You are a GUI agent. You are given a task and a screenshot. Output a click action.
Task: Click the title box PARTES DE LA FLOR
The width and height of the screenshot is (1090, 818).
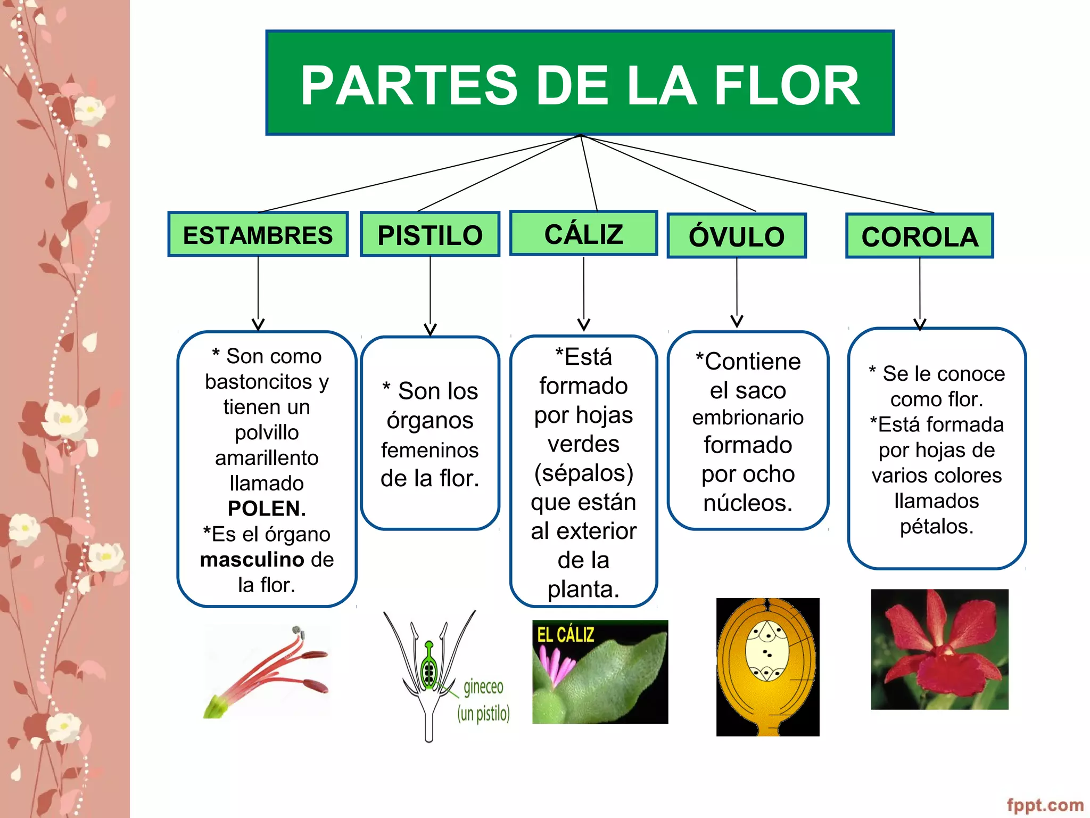[x=580, y=83]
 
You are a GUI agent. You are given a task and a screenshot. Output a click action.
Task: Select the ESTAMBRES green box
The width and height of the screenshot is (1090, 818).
[x=258, y=235]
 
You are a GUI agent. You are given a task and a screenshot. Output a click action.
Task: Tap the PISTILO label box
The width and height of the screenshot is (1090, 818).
[x=430, y=235]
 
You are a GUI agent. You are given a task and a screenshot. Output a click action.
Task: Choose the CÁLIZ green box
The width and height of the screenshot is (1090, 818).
[x=583, y=234]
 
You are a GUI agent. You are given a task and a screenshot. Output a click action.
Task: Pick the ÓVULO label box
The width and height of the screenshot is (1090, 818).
[x=737, y=236]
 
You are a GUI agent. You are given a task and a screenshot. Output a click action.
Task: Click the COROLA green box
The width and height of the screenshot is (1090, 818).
[x=919, y=236]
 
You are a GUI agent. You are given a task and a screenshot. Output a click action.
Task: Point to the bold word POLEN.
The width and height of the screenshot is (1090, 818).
[x=267, y=509]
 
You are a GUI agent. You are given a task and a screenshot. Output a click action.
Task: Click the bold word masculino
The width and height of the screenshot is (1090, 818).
[x=252, y=560]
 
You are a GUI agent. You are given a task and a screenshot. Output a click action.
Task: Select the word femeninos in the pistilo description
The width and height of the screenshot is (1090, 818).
[x=430, y=451]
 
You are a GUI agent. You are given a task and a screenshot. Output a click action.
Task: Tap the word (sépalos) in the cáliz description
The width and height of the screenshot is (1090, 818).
[x=584, y=473]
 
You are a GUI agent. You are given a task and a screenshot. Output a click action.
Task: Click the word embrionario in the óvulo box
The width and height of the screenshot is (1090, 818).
[x=748, y=418]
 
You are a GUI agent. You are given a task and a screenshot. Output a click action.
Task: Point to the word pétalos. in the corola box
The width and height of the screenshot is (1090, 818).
[x=937, y=526]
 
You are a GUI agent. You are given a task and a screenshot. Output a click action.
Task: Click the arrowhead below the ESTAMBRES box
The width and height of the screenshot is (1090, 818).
[x=258, y=324]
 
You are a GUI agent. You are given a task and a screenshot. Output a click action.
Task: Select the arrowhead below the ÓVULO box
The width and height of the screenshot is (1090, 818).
[x=737, y=321]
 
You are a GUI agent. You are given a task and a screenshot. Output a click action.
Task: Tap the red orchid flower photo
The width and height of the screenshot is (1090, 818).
[x=939, y=649]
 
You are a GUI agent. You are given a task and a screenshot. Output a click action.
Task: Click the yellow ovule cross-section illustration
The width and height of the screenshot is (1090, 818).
[x=767, y=667]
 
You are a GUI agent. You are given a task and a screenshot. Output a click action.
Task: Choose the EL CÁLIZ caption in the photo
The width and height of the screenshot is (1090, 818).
[x=565, y=635]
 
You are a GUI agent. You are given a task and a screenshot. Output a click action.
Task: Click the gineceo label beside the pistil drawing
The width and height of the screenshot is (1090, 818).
[x=483, y=687]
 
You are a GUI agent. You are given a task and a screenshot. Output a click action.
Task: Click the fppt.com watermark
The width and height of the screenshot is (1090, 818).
[x=1045, y=805]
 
